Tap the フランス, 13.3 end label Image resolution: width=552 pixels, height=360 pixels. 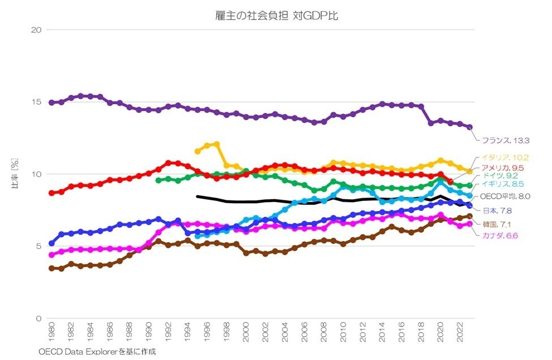click(506, 140)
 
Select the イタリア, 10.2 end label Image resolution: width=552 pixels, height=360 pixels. click(506, 157)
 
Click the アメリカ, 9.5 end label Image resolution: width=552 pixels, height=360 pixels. click(502, 168)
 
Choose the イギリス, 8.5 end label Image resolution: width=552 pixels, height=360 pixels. click(503, 184)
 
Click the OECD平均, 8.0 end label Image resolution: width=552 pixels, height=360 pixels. click(505, 196)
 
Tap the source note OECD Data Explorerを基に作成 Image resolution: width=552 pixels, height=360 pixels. click(97, 352)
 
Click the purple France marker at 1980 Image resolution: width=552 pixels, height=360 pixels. click(52, 102)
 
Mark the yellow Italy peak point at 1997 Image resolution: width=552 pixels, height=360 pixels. click(217, 144)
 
